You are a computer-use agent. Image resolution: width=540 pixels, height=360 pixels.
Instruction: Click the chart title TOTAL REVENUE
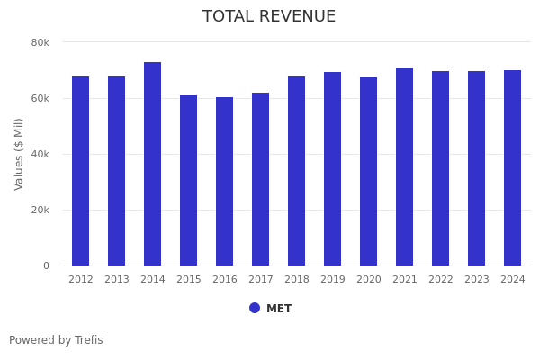pos(269,17)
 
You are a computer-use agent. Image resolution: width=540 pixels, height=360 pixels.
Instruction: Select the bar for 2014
pos(153,164)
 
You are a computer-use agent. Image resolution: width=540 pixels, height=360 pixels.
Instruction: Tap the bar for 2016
pos(225,181)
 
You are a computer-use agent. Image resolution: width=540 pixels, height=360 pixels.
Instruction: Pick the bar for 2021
pos(405,166)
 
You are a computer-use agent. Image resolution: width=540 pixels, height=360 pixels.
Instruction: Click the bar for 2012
pos(81,171)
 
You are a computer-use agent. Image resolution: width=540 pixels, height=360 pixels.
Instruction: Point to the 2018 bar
pos(297,171)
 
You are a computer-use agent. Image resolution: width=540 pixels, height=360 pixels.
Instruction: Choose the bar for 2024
pos(513,167)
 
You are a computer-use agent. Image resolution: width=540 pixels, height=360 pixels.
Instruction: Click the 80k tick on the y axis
pos(40,42)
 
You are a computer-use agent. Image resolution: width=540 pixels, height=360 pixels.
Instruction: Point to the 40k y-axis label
pos(40,154)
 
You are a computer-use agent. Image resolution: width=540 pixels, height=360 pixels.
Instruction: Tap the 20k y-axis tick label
pos(40,210)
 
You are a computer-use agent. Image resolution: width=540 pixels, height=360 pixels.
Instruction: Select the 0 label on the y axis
pos(45,265)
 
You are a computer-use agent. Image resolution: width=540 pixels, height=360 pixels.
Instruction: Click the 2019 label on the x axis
pos(333,280)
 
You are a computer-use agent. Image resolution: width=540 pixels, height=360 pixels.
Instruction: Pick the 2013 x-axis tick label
pos(117,280)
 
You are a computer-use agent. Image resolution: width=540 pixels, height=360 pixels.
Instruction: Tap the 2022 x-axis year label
pos(441,280)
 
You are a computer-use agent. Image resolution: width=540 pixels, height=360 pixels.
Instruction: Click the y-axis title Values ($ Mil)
pos(19,154)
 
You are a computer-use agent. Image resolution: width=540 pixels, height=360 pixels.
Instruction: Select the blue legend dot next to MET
pos(255,308)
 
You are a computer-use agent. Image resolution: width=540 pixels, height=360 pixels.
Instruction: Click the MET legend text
pos(279,309)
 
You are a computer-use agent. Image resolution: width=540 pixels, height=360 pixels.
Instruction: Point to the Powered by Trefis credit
pos(56,340)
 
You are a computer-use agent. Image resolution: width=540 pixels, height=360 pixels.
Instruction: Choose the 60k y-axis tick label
pos(40,98)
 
